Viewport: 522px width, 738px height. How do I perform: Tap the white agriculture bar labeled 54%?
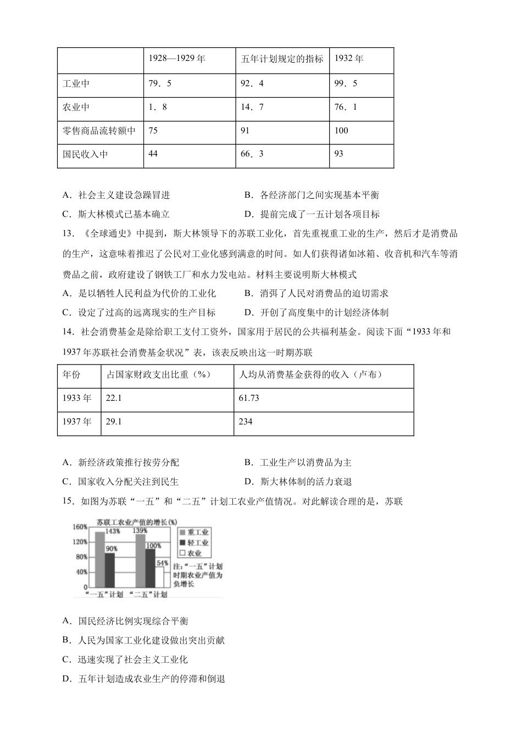coord(159,577)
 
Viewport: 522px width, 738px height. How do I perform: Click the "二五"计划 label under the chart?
coord(148,595)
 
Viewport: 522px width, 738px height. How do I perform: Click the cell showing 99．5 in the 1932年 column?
coord(346,83)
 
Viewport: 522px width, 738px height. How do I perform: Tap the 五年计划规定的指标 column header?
coord(282,59)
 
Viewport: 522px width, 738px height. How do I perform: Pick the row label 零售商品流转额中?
coord(99,131)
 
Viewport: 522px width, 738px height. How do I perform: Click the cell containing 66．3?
coord(252,154)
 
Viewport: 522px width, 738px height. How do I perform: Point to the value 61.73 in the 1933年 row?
coord(249,398)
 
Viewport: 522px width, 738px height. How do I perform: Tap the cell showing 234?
coord(246,422)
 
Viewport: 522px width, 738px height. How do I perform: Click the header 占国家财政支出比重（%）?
coord(159,374)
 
